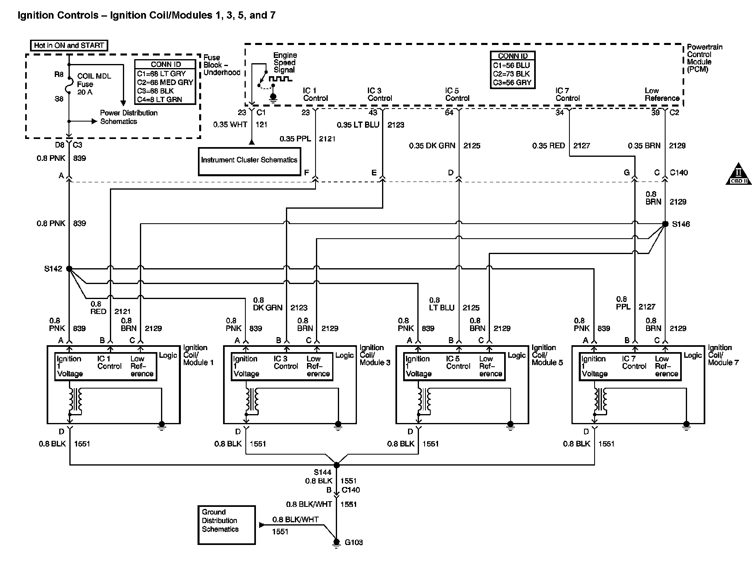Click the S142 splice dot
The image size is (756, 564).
[69, 269]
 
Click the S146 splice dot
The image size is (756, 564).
[665, 224]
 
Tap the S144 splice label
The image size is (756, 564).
[322, 472]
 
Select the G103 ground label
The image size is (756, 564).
[354, 543]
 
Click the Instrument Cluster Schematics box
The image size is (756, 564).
[249, 161]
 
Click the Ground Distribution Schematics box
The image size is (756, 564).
[226, 525]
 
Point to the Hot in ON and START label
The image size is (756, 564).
[69, 45]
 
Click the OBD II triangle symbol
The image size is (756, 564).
[739, 175]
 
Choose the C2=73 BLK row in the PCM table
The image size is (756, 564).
[511, 74]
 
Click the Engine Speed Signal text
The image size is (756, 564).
[285, 62]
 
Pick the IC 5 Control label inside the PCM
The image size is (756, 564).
[457, 94]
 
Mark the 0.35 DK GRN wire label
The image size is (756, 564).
[432, 145]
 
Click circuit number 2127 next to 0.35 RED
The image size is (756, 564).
[582, 145]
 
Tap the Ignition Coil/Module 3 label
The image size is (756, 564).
[375, 355]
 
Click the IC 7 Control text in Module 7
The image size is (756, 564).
[634, 362]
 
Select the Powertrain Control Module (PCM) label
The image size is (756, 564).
[704, 58]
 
